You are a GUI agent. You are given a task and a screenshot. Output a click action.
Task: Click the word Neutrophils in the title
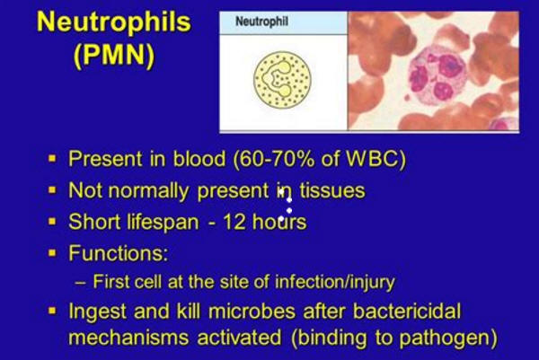click(x=114, y=22)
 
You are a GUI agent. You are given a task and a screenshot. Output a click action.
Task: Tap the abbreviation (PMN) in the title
click(x=114, y=55)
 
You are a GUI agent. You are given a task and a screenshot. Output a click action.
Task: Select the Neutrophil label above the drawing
click(x=261, y=22)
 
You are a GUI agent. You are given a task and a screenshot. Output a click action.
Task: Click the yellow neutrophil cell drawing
click(x=282, y=80)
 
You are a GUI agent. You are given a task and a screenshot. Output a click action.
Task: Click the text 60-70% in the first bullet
click(x=273, y=159)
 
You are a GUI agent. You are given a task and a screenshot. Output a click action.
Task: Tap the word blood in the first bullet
click(x=199, y=159)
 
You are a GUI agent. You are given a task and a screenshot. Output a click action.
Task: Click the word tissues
click(x=332, y=190)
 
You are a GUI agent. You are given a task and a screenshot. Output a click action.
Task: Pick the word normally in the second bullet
click(x=148, y=191)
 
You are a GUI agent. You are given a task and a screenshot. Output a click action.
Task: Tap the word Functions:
click(x=119, y=253)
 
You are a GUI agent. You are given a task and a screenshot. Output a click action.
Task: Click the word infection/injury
click(x=335, y=283)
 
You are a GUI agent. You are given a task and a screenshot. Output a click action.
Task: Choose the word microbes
click(x=252, y=312)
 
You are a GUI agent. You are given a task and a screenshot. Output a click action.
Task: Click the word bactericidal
click(x=407, y=312)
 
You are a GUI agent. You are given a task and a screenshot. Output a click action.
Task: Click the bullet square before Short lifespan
click(x=52, y=222)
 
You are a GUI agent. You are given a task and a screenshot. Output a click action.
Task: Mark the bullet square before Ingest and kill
click(x=52, y=311)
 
